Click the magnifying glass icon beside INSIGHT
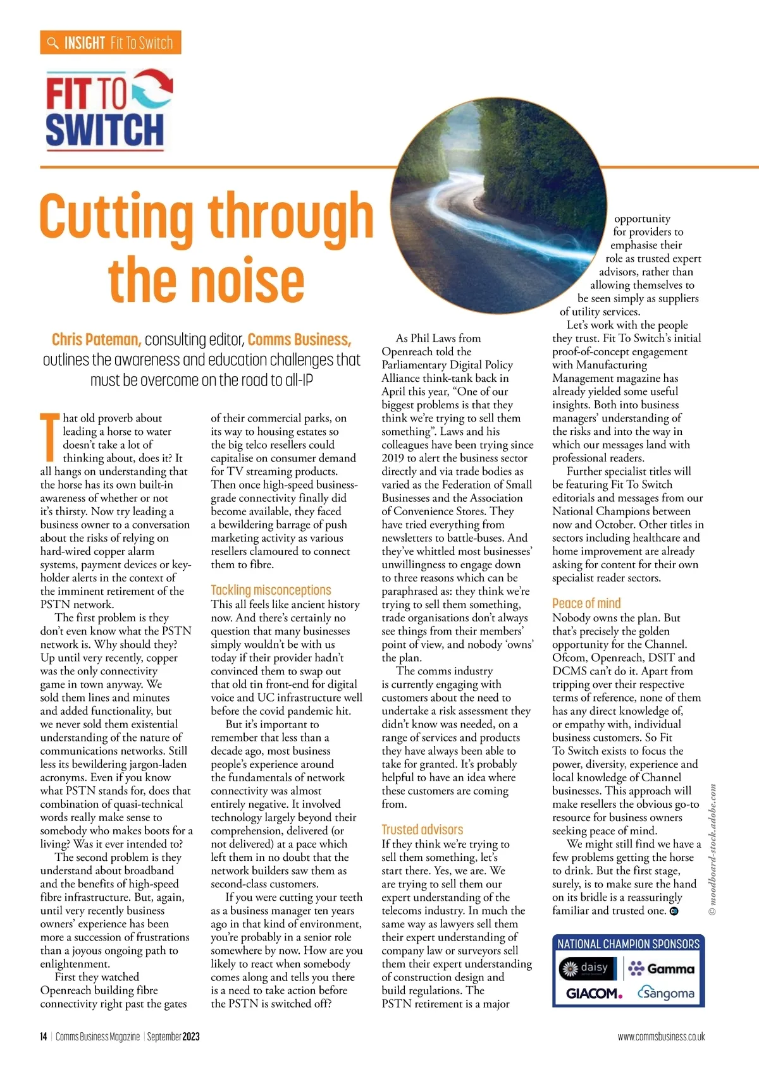[52, 43]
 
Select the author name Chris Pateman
[96, 340]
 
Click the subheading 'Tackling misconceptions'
[271, 590]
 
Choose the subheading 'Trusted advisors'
[422, 829]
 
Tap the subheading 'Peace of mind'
[586, 603]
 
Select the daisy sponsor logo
[585, 968]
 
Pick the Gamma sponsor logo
[661, 968]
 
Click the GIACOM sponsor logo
[594, 993]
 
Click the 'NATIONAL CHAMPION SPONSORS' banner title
[628, 944]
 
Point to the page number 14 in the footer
[43, 1037]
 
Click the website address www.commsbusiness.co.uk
[661, 1037]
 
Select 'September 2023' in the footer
[173, 1037]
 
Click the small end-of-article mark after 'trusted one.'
[674, 911]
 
